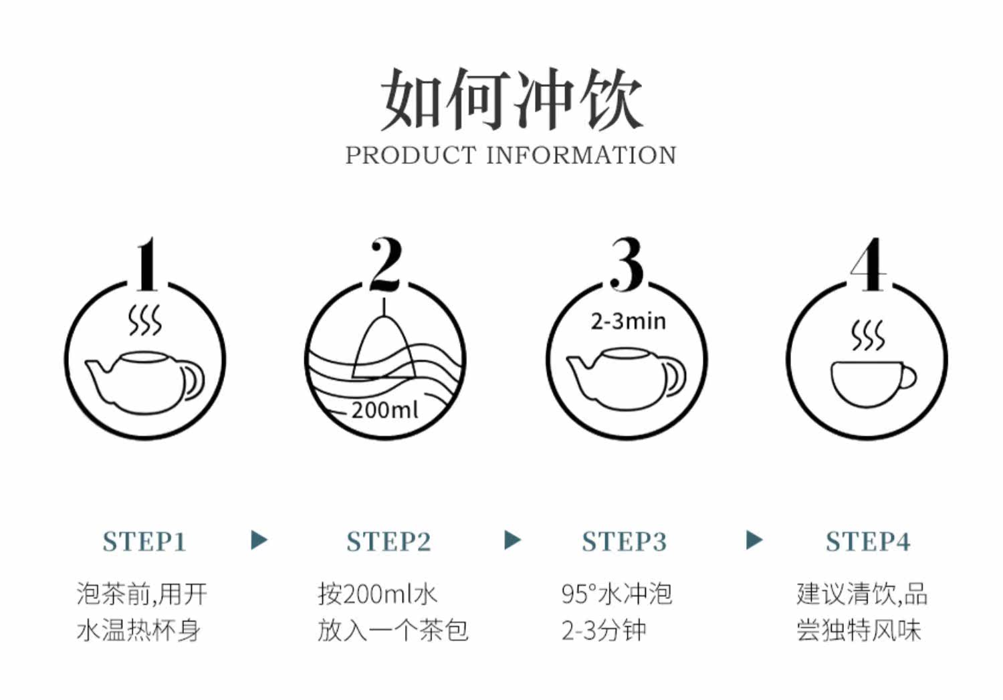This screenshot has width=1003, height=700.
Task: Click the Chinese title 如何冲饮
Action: click(511, 100)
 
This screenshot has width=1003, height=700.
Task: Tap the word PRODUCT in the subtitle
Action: click(410, 155)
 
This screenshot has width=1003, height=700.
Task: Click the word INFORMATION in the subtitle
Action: click(580, 155)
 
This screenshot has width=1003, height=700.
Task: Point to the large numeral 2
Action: click(386, 265)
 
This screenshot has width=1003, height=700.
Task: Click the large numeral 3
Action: click(627, 265)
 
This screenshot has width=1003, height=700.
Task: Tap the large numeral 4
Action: click(869, 265)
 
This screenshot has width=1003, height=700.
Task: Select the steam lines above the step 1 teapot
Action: click(145, 321)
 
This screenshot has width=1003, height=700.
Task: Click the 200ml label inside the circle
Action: click(384, 409)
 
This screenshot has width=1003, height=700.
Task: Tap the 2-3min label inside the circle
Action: click(628, 322)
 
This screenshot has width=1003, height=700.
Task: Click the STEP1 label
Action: click(144, 542)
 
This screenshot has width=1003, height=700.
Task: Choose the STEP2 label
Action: click(388, 542)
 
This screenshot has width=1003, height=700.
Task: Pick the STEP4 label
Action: click(868, 542)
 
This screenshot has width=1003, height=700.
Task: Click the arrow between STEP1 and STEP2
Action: click(259, 540)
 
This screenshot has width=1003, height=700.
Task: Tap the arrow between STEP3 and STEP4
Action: click(754, 540)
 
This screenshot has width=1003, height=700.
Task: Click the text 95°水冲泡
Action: click(617, 594)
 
